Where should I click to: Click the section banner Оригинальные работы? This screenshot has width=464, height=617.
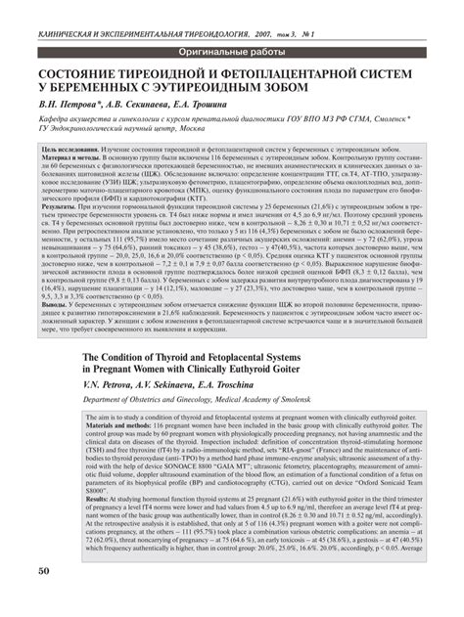[232, 50]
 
